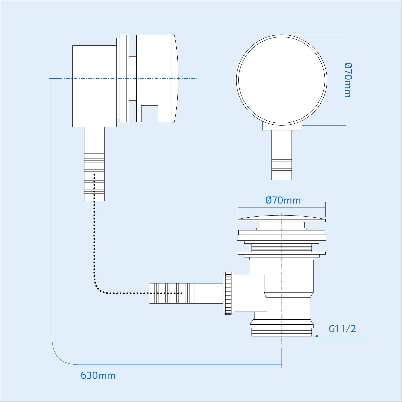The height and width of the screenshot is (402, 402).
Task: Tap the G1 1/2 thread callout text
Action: pyautogui.click(x=342, y=329)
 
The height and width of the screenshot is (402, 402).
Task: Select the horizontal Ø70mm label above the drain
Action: pyautogui.click(x=283, y=200)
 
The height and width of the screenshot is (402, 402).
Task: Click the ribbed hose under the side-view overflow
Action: pyautogui.click(x=94, y=177)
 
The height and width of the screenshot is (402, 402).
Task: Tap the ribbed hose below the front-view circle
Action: pyautogui.click(x=282, y=168)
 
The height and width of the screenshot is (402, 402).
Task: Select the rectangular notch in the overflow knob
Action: pyautogui.click(x=150, y=114)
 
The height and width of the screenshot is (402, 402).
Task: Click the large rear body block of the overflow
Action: pyautogui.click(x=94, y=86)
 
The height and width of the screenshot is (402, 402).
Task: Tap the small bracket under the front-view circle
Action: pyautogui.click(x=282, y=127)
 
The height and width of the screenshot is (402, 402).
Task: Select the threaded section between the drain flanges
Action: pyautogui.click(x=282, y=248)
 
